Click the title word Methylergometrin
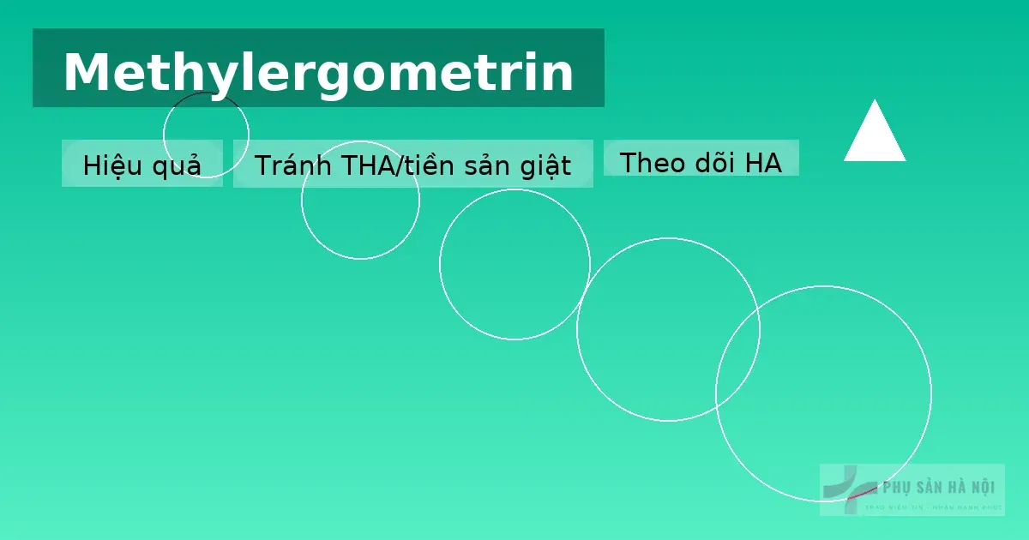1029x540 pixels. pos(318,72)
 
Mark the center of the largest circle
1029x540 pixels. pos(823,393)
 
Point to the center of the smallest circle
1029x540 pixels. pos(206,134)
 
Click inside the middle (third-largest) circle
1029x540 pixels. pos(514,264)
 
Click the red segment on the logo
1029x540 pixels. pos(860,494)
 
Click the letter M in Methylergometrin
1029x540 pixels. pos(84,72)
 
